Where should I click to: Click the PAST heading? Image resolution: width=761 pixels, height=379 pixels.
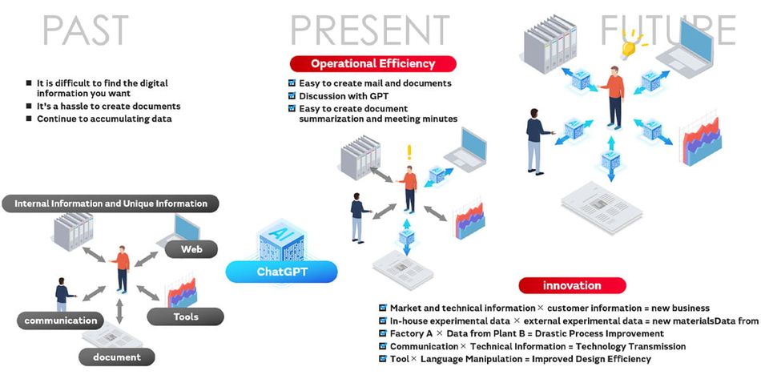click(x=86, y=30)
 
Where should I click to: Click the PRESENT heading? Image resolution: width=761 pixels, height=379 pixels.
click(x=370, y=30)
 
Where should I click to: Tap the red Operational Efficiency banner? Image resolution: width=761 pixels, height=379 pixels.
click(x=372, y=63)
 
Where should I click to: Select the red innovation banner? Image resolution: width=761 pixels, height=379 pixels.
click(x=572, y=285)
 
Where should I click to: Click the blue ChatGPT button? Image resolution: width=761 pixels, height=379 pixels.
click(x=281, y=272)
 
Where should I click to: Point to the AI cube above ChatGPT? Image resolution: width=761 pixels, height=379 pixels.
click(x=281, y=240)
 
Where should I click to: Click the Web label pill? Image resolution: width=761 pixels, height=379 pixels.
click(x=191, y=249)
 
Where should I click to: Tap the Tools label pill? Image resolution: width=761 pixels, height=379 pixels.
click(x=185, y=317)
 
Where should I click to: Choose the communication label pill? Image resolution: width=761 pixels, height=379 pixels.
click(x=61, y=321)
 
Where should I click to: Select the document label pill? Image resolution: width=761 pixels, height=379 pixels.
click(x=117, y=357)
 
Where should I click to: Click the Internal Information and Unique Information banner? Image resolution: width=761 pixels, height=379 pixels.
click(x=111, y=204)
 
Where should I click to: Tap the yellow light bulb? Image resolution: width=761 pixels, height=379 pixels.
click(x=629, y=46)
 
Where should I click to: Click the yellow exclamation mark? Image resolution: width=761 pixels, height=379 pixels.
click(x=409, y=152)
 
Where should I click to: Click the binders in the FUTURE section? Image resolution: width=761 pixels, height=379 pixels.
click(x=550, y=44)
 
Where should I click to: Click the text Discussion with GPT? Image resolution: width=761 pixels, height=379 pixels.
click(x=344, y=96)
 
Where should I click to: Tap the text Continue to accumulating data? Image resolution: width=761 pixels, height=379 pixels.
click(x=104, y=119)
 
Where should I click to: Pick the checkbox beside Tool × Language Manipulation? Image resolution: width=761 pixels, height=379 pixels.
click(x=383, y=359)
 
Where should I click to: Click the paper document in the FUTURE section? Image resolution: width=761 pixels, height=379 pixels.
click(x=602, y=208)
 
